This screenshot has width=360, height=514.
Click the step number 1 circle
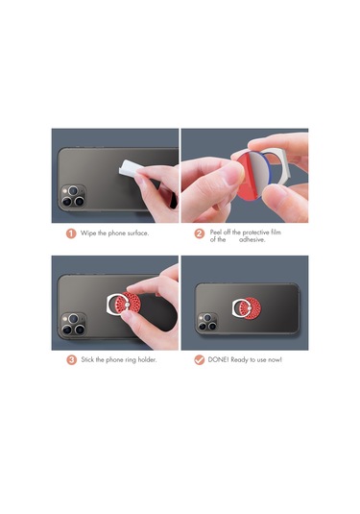click(x=70, y=233)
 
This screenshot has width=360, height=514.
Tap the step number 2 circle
click(x=200, y=233)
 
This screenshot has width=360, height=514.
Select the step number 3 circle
click(x=70, y=359)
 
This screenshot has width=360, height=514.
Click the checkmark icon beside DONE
click(x=200, y=359)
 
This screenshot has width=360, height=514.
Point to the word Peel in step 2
click(x=217, y=230)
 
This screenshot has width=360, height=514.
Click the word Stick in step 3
click(x=88, y=359)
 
